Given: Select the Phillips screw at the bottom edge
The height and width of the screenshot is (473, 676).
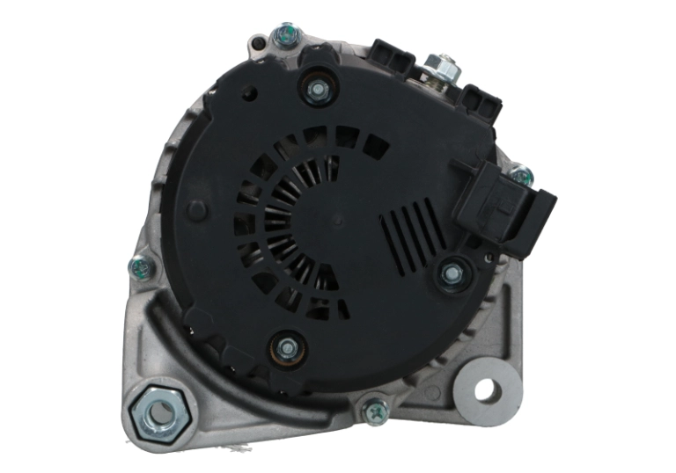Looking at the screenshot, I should pyautogui.click(x=376, y=408).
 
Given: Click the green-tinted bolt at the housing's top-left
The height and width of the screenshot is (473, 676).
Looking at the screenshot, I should pyautogui.click(x=284, y=35).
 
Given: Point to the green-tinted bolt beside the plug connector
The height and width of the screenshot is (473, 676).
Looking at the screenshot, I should pyautogui.click(x=522, y=176).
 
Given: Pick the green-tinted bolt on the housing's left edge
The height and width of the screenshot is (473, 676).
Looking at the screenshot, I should pyautogui.click(x=139, y=266).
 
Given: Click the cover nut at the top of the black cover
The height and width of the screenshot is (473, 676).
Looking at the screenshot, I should pyautogui.click(x=316, y=86).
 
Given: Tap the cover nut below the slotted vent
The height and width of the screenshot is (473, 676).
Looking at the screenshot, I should pyautogui.click(x=452, y=274).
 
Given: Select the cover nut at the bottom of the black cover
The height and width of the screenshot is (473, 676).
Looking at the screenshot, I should pyautogui.click(x=287, y=348).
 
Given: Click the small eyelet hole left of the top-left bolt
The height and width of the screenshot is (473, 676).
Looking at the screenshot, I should pyautogui.click(x=256, y=41).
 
